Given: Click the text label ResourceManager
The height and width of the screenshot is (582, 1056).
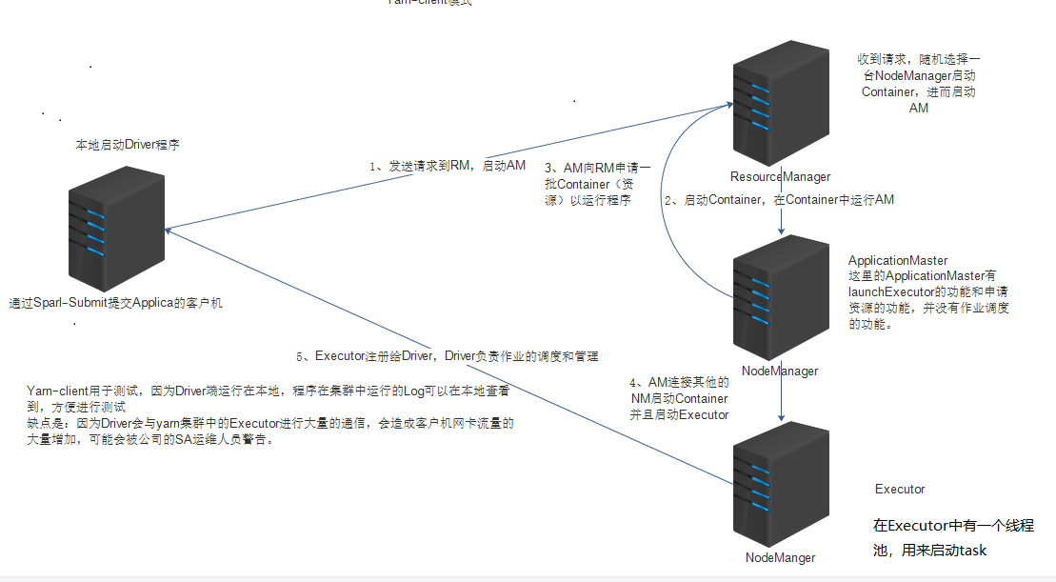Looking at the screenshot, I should point(780,176).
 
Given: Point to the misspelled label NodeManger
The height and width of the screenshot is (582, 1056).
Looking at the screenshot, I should point(780,557).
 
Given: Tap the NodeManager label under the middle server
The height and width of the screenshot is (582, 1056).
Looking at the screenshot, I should point(780,371).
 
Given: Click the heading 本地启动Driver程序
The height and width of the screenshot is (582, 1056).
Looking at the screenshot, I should point(128,146).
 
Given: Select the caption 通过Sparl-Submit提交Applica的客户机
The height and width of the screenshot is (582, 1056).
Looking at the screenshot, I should point(115,303).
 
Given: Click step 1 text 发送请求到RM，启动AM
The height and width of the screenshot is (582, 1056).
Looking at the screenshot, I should point(448,166).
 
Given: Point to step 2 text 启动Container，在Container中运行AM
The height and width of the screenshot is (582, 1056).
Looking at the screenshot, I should point(779,200).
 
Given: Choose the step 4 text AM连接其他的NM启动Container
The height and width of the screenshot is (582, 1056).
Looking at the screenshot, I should point(679,398).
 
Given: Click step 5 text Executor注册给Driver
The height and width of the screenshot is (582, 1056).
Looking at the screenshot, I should point(448,356).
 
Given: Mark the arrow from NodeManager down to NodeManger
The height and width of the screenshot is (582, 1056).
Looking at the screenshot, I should point(782,400).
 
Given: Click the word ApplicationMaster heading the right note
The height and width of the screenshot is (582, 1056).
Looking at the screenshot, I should point(898,260).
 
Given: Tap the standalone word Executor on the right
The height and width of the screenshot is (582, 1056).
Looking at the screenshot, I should point(900,489).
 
